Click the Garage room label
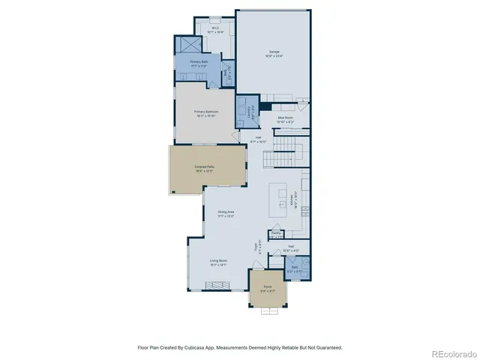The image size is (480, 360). pyautogui.click(x=274, y=54)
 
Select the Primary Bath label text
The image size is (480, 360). pyautogui.click(x=199, y=63)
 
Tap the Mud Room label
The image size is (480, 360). pyautogui.click(x=285, y=118)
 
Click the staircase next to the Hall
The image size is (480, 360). pyautogui.click(x=289, y=150)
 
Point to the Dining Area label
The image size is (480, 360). pyautogui.click(x=226, y=214)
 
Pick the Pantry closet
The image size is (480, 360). pyautogui.click(x=276, y=235)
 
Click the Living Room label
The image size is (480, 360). pyautogui.click(x=218, y=262)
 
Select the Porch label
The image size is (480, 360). pyautogui.click(x=268, y=288)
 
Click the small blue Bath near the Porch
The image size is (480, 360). pyautogui.click(x=296, y=268)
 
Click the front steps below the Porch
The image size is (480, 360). pyautogui.click(x=268, y=312)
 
